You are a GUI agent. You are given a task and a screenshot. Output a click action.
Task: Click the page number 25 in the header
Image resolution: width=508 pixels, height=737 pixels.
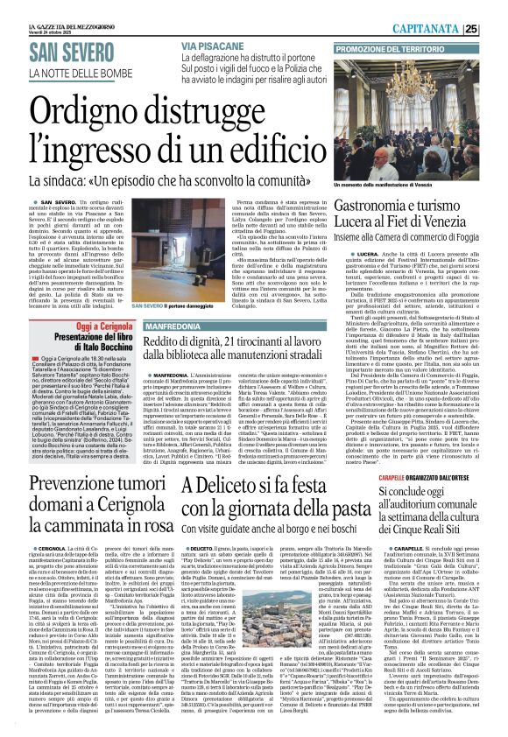coord(496,7)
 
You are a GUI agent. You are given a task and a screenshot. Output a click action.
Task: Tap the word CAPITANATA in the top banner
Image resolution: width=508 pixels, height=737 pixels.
coord(455,7)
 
